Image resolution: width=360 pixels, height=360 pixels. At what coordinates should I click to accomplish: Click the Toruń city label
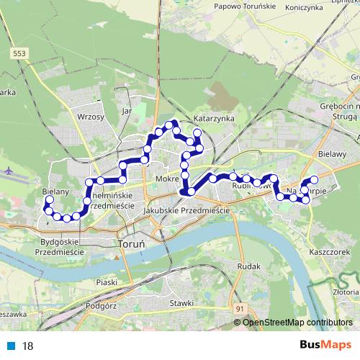pyautogui.click(x=130, y=244)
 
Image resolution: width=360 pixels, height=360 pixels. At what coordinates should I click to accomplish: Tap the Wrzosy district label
pyautogui.click(x=91, y=115)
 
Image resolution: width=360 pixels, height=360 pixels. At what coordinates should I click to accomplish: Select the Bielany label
pyautogui.click(x=55, y=192)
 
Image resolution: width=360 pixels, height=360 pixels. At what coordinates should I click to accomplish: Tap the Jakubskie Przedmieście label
pyautogui.click(x=186, y=210)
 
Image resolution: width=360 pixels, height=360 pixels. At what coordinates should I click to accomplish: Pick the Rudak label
pyautogui.click(x=248, y=266)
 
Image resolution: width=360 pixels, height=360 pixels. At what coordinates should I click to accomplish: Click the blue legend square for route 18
pyautogui.click(x=11, y=346)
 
